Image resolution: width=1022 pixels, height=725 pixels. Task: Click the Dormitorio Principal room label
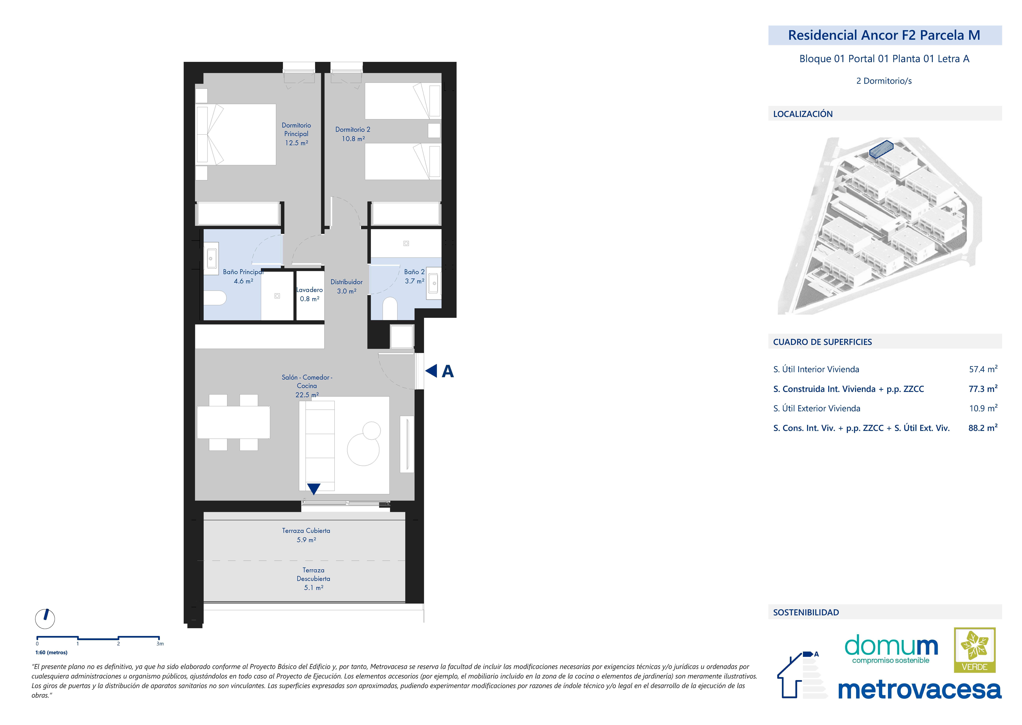coord(296,130)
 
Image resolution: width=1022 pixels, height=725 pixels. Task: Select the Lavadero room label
coord(310,290)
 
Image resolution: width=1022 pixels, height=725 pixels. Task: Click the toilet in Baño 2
coord(390,308)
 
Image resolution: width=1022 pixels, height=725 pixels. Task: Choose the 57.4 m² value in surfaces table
coord(983,369)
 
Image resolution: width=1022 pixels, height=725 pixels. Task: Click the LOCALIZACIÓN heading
coord(803,114)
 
